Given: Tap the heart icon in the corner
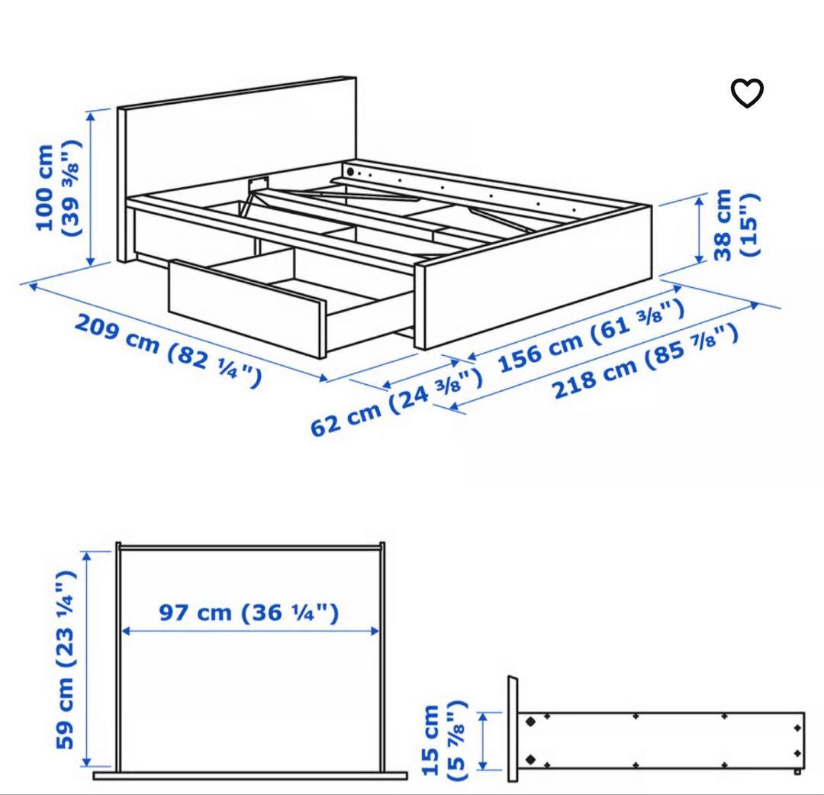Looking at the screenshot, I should [x=747, y=93].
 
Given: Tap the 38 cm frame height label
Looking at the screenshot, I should [x=737, y=227].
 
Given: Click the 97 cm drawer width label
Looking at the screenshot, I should [x=249, y=612].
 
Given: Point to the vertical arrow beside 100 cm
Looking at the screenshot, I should [x=92, y=188].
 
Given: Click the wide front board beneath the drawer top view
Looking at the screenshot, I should [x=250, y=775].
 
